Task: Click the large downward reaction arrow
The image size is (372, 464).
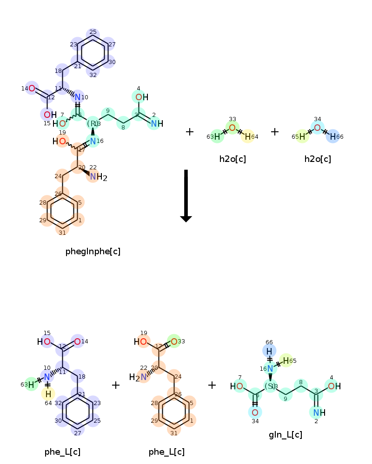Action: [x=186, y=195]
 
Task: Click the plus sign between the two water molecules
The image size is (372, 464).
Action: [x=275, y=132]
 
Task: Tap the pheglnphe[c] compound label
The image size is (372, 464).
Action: [x=93, y=251]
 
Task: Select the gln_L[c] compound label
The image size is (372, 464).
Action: [x=286, y=435]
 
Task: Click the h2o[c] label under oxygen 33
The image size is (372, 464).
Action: [x=232, y=159]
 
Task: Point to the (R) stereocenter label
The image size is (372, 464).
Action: [x=93, y=123]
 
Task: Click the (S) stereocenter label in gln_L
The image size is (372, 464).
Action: [x=270, y=386]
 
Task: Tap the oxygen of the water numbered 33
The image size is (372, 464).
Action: [x=232, y=128]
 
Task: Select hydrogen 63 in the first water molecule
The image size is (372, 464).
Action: [x=217, y=136]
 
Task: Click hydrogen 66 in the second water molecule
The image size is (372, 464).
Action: [x=333, y=136]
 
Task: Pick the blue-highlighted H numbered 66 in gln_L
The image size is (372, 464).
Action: [x=269, y=351]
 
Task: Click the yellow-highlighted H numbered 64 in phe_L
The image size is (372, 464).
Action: [x=48, y=394]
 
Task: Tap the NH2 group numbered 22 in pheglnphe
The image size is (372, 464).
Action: [x=98, y=176]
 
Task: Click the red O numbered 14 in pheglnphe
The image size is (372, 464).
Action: [x=32, y=88]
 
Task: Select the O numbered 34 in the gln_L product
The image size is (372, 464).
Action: [x=255, y=412]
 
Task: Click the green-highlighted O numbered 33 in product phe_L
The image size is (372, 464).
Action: [x=173, y=342]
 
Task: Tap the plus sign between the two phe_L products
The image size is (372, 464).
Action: [x=116, y=385]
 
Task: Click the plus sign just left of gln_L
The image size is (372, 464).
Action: [x=212, y=385]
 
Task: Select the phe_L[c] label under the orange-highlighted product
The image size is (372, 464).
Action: [x=166, y=452]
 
